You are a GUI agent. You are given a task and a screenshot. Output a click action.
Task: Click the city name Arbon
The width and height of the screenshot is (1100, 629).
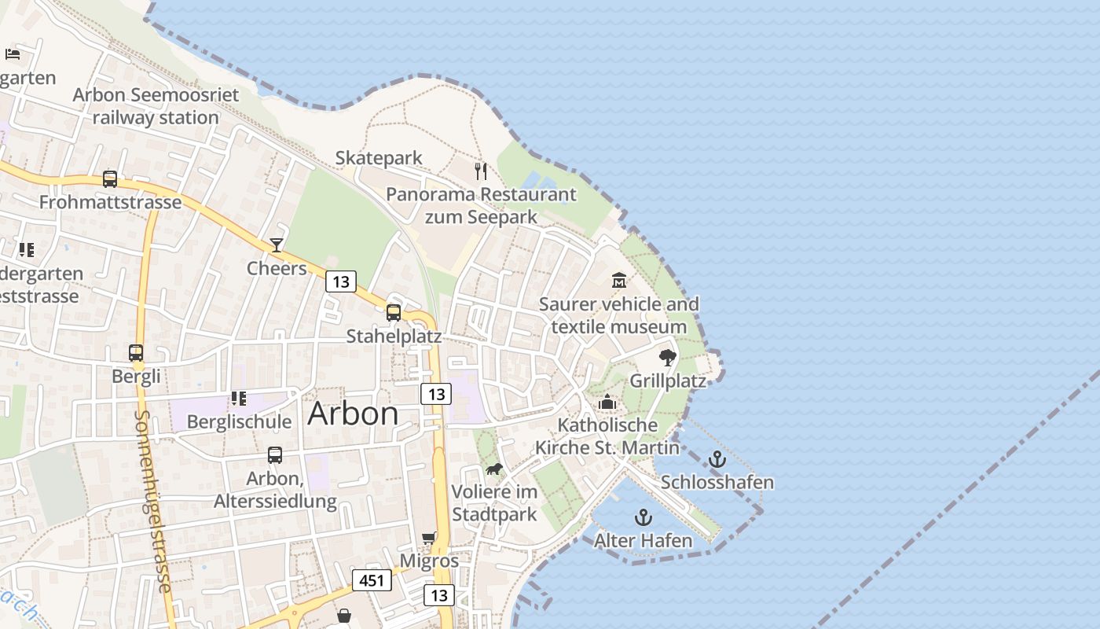click(x=353, y=414)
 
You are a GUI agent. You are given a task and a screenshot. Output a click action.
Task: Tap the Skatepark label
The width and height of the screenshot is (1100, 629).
click(x=379, y=158)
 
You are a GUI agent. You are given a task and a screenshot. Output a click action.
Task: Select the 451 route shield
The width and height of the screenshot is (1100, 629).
click(x=371, y=580)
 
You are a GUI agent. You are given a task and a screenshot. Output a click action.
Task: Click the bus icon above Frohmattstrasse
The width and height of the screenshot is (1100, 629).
click(x=110, y=179)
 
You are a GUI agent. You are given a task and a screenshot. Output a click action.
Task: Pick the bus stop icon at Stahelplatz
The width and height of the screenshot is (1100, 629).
click(x=394, y=313)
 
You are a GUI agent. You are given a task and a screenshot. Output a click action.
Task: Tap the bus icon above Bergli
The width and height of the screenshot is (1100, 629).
click(x=136, y=353)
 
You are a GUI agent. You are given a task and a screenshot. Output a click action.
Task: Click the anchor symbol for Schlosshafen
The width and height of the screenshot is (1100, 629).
click(x=717, y=459)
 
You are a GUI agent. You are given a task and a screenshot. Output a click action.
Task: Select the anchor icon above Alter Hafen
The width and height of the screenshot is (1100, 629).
click(x=643, y=517)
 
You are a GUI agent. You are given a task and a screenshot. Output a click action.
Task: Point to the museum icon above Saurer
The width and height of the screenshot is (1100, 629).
click(x=618, y=280)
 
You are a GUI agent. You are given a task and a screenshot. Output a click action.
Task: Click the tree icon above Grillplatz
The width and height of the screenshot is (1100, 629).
click(x=667, y=358)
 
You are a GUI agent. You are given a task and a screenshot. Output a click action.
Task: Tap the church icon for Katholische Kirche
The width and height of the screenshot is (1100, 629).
click(x=607, y=403)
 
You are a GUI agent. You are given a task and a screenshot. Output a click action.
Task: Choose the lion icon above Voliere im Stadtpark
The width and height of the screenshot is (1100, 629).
click(x=493, y=469)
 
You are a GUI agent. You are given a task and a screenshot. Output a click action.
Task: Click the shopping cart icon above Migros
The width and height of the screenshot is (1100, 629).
click(x=428, y=539)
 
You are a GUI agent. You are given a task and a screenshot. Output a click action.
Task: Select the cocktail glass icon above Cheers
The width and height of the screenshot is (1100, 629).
click(x=276, y=245)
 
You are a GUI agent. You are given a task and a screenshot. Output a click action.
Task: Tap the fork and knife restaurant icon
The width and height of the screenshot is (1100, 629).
click(x=481, y=171)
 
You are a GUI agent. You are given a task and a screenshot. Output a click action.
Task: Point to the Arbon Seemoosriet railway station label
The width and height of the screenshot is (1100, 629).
click(x=156, y=106)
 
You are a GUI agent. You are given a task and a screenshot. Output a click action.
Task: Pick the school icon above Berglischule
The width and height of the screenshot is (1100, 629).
click(x=238, y=399)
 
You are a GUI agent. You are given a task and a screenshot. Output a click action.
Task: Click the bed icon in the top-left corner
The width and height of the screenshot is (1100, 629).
click(x=13, y=53)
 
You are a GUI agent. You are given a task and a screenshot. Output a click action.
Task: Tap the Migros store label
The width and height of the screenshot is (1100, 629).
click(x=429, y=561)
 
